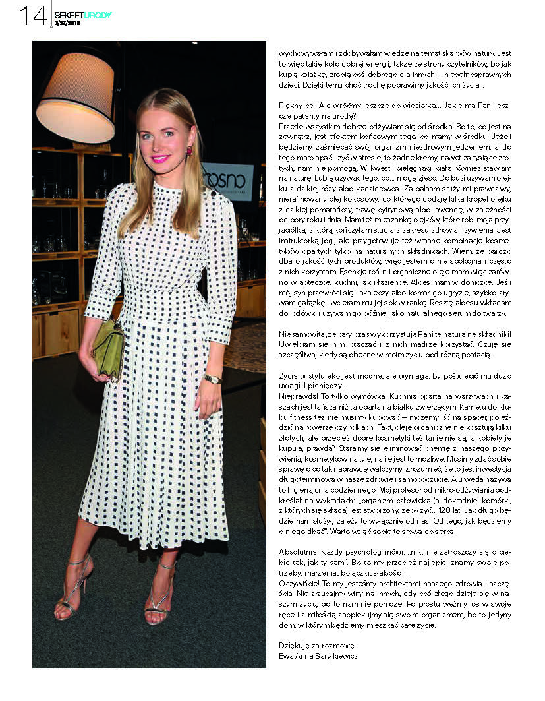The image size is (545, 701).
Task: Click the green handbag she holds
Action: pos(109,349)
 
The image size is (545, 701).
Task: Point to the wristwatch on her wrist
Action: pos(213,379)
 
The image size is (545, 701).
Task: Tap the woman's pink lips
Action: pos(160,159)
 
